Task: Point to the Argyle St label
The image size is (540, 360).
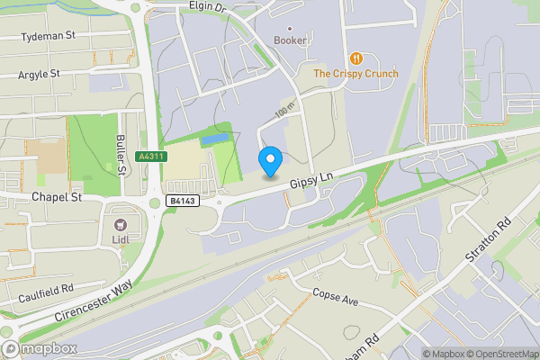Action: pos(39,74)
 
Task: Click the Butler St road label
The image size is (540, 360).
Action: pos(120,155)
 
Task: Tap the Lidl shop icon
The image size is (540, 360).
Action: pos(119,223)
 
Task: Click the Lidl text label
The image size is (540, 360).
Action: pos(119,240)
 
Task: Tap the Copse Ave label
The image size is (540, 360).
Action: pos(335,297)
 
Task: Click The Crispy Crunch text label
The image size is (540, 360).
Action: pos(355,74)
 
